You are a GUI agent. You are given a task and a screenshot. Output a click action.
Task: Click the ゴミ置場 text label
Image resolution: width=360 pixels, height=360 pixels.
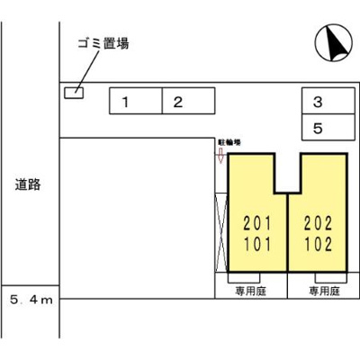coord(102,43)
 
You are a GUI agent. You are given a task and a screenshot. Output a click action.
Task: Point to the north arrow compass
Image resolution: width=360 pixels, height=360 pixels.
coord(332,41)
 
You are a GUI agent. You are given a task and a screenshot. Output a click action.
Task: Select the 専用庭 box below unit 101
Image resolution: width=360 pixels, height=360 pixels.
coord(251,291)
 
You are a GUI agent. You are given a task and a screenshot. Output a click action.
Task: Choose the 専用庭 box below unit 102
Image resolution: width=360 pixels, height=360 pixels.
coord(322,291)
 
